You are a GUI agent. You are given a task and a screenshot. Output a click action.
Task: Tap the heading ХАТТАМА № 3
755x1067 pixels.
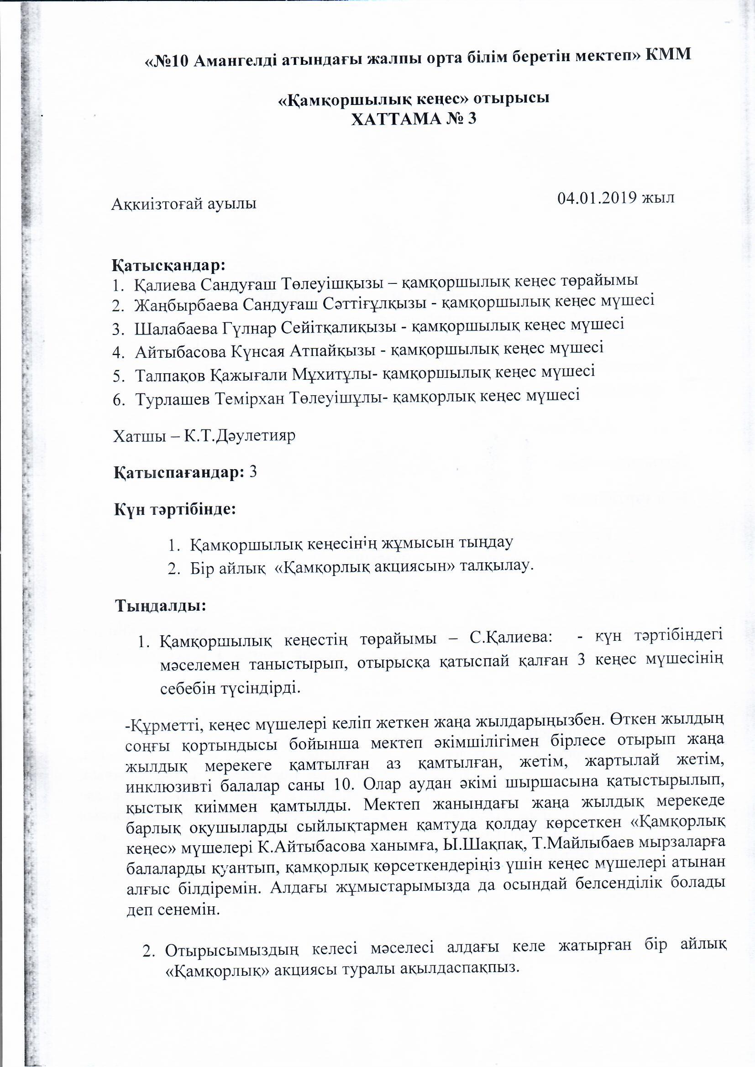point(414,120)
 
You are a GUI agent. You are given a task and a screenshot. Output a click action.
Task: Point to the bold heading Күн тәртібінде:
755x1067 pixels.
point(176,510)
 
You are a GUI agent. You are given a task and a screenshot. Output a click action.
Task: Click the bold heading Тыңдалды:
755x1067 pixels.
point(161,606)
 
